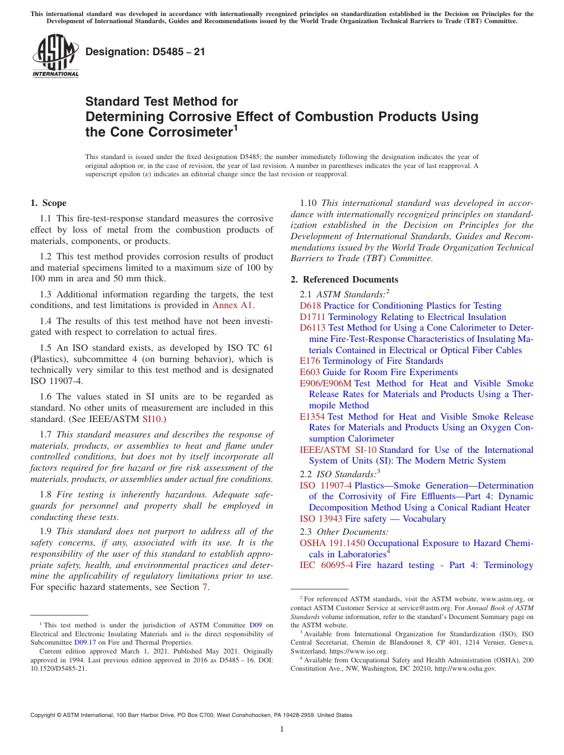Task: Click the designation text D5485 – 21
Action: click(x=145, y=52)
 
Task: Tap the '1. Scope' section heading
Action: click(x=49, y=203)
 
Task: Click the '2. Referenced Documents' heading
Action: click(x=344, y=280)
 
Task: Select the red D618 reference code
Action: click(x=310, y=306)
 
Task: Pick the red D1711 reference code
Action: click(x=312, y=317)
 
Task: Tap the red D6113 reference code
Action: click(x=312, y=328)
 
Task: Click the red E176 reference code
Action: click(x=309, y=361)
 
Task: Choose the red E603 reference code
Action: click(x=309, y=372)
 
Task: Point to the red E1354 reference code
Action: click(x=312, y=417)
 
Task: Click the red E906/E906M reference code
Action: click(x=325, y=383)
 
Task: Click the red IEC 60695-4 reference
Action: click(x=326, y=565)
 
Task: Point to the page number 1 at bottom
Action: click(x=282, y=729)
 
